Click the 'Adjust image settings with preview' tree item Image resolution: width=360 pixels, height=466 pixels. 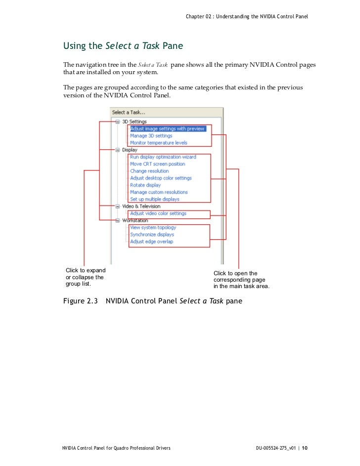click(x=167, y=128)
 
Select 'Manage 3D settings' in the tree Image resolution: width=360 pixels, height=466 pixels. click(x=151, y=136)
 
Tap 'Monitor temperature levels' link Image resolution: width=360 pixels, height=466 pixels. click(x=159, y=143)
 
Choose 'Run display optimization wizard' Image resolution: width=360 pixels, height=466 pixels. click(x=163, y=157)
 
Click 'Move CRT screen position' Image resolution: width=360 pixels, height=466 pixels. click(x=158, y=164)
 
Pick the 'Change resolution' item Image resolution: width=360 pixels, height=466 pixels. click(x=149, y=171)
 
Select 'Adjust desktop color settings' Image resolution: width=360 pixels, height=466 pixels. click(x=161, y=178)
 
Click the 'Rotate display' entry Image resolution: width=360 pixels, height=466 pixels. click(x=145, y=185)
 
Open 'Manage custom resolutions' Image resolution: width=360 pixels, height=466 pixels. click(x=159, y=192)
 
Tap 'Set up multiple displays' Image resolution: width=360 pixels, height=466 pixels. click(x=155, y=199)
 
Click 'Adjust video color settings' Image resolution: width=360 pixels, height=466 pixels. click(x=158, y=213)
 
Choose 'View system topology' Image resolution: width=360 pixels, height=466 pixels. click(x=153, y=228)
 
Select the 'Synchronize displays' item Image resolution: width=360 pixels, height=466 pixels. click(x=152, y=235)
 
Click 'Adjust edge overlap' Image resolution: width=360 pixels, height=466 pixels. click(x=151, y=242)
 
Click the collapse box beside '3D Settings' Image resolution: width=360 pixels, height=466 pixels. click(x=117, y=122)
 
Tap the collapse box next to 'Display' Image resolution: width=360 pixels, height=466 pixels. click(x=117, y=150)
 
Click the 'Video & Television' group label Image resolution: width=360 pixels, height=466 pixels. click(x=141, y=206)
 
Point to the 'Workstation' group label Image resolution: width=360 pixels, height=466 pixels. click(x=135, y=220)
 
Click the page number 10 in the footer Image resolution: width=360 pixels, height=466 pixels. click(x=305, y=448)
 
